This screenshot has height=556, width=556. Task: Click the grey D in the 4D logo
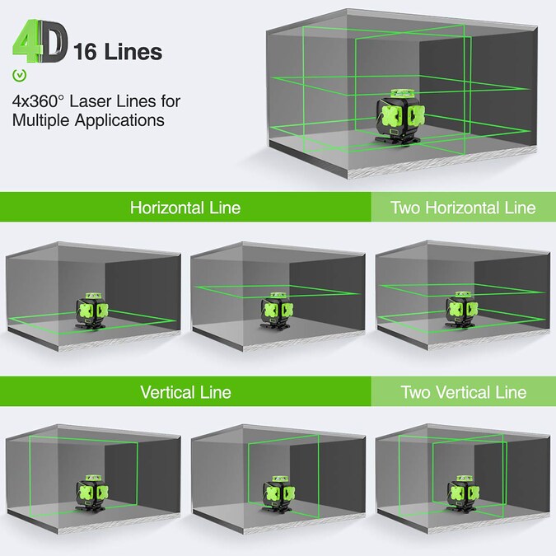(54, 41)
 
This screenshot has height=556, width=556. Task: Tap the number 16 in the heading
(85, 52)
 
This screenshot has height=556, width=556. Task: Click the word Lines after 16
(133, 52)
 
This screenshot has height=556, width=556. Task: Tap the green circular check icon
(20, 75)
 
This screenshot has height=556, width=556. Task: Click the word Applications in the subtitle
(119, 120)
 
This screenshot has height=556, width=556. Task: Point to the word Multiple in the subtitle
(41, 120)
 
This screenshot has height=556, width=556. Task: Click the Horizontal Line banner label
(185, 208)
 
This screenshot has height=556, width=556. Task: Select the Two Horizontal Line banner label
(463, 208)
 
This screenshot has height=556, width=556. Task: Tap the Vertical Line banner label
(185, 392)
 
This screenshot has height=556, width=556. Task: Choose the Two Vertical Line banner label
(463, 392)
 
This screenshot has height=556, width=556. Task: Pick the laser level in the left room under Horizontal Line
(91, 311)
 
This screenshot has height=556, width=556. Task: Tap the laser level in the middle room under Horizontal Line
(277, 311)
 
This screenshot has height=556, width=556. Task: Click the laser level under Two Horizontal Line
(461, 311)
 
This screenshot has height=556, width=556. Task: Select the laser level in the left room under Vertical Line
(91, 493)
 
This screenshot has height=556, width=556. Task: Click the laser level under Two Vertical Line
(463, 493)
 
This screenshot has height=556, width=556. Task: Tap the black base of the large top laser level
(398, 139)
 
